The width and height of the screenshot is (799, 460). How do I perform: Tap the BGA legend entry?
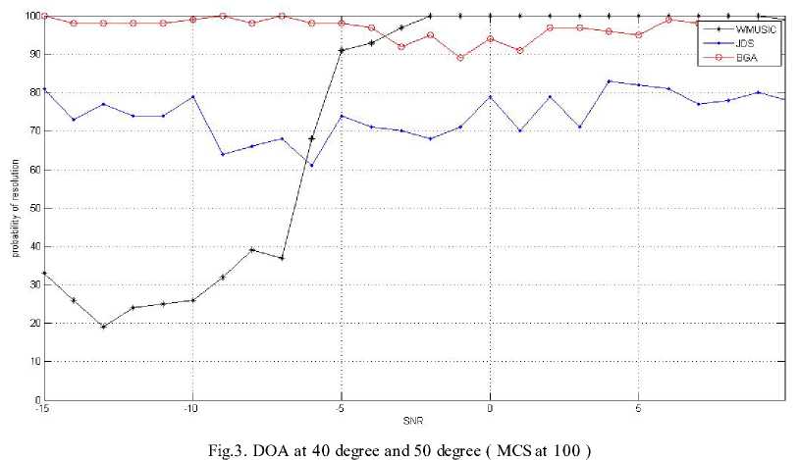click(x=734, y=59)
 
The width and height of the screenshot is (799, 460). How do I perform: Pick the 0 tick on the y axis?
click(x=36, y=400)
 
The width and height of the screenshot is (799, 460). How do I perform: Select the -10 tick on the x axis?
click(x=192, y=409)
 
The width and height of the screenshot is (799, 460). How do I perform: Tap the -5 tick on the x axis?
click(x=341, y=409)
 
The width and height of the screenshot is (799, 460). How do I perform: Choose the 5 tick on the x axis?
click(x=639, y=409)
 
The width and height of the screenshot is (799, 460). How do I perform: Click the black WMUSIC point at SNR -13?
click(x=103, y=327)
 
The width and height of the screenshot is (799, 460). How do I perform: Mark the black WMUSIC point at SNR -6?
click(x=311, y=139)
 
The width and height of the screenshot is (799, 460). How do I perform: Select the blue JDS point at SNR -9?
click(x=222, y=154)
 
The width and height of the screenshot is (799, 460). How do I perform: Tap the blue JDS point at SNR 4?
click(x=609, y=81)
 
